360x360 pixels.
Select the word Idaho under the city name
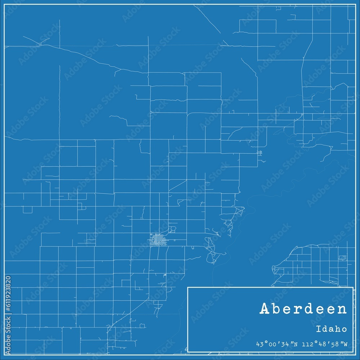(x=332, y=329)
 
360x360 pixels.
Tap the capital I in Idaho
(x=319, y=329)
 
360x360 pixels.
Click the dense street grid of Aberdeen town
(x=157, y=240)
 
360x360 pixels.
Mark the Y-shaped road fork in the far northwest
(x=40, y=44)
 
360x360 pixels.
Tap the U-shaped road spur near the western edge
(x=27, y=210)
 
